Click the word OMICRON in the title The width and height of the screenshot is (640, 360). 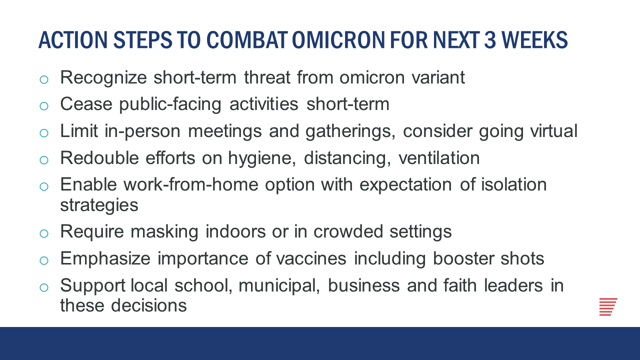point(338,39)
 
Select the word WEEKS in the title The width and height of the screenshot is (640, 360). point(534,39)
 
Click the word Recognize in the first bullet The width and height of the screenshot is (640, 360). point(103,78)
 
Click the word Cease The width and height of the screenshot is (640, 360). point(86,104)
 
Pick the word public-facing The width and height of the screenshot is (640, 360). point(170,104)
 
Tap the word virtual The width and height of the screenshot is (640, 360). point(553,131)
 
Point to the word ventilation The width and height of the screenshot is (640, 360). point(439,158)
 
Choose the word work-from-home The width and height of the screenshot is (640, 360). point(191,184)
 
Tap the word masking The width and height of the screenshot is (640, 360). point(164,232)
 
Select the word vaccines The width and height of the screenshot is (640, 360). point(311,258)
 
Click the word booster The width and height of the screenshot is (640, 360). point(463,258)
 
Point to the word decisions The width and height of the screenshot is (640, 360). point(149,305)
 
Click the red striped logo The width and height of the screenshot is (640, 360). point(608,307)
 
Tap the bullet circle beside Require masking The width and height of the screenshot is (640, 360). point(44,233)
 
